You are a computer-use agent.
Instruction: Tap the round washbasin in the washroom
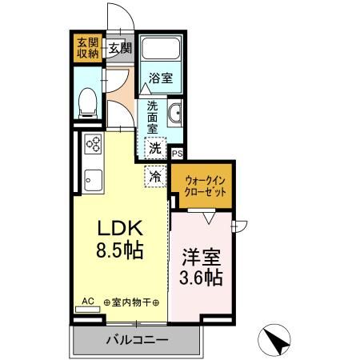pos(174,112)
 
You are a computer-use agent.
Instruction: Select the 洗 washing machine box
pos(155,147)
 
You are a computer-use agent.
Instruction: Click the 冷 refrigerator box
pos(155,174)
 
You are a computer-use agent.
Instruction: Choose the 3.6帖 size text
pos(202,280)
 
